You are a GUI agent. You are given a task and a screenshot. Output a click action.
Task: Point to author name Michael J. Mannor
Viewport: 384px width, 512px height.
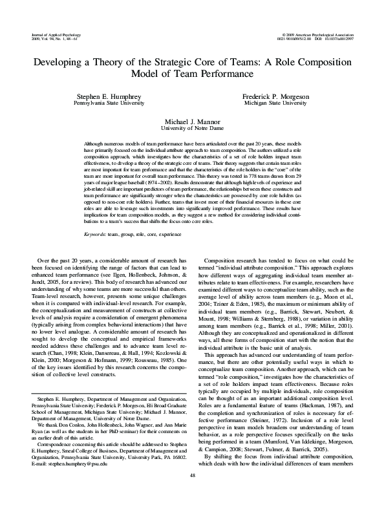pyautogui.click(x=192, y=122)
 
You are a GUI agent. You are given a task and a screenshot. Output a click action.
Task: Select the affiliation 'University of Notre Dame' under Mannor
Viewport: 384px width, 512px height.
pyautogui.click(x=192, y=129)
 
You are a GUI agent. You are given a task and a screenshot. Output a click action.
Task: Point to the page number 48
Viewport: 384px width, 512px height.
pyautogui.click(x=192, y=493)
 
